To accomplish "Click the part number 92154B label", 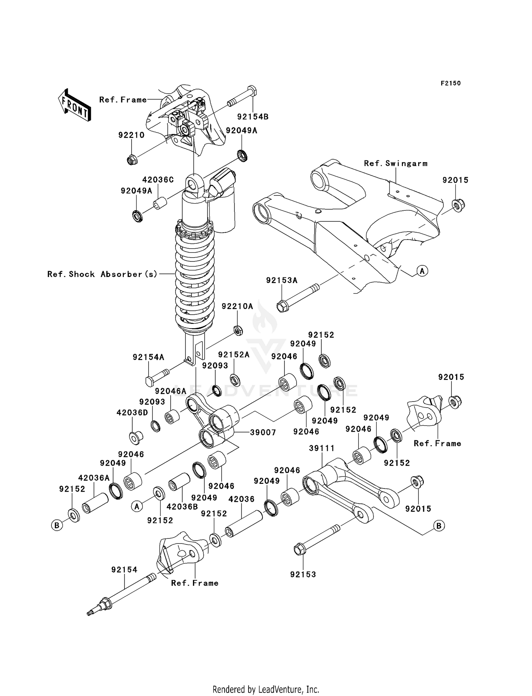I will pos(253,117).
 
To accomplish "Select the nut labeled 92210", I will pos(132,160).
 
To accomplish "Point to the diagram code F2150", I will pos(450,83).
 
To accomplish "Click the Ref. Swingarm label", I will pos(395,164).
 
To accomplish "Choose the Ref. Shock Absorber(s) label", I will pos(102,274).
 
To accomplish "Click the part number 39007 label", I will pos(263,432).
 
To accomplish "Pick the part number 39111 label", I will pos(322,448).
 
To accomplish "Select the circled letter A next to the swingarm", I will pos(422,271).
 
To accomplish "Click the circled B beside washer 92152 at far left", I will pos(57,525).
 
